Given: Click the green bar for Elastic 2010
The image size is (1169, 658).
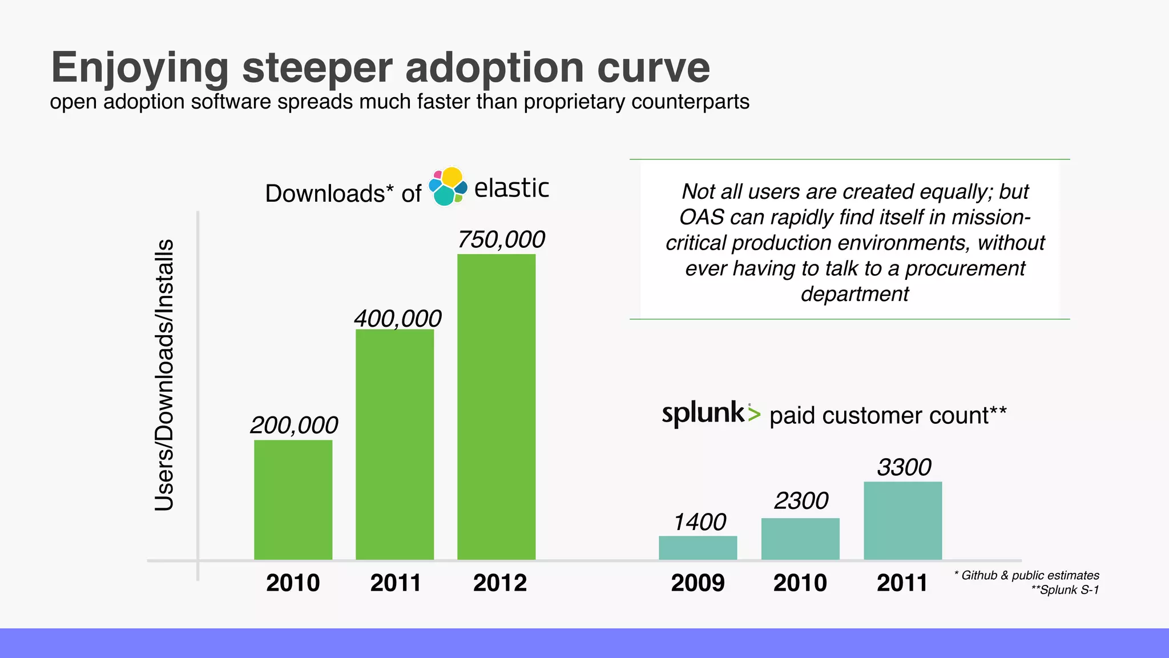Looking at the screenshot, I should pyautogui.click(x=293, y=500).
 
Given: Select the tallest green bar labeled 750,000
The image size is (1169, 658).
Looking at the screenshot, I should pyautogui.click(x=496, y=407).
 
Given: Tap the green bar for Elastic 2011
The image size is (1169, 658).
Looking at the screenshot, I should pyautogui.click(x=394, y=444).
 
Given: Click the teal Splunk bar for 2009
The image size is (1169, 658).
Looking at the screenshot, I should pyautogui.click(x=698, y=548).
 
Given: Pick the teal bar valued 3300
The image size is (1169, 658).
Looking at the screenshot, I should pyautogui.click(x=902, y=520).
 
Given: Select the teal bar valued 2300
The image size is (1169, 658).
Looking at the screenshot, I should pyautogui.click(x=800, y=539).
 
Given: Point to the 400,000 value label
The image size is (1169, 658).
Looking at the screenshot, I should pyautogui.click(x=397, y=319).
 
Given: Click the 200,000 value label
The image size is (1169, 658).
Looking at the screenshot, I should pyautogui.click(x=294, y=426).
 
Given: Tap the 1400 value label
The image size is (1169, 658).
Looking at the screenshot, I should pyautogui.click(x=699, y=522).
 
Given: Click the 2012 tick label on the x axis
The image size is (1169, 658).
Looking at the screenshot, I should pyautogui.click(x=499, y=583).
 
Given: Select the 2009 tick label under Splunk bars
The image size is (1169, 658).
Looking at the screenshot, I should pyautogui.click(x=698, y=583).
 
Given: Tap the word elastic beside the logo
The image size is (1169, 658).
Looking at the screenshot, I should pyautogui.click(x=511, y=188).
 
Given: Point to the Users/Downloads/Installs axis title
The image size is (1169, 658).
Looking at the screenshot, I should pyautogui.click(x=164, y=375).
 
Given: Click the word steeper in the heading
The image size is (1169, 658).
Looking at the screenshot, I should pyautogui.click(x=317, y=68).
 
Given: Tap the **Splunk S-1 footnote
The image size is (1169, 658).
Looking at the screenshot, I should pyautogui.click(x=1065, y=590).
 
